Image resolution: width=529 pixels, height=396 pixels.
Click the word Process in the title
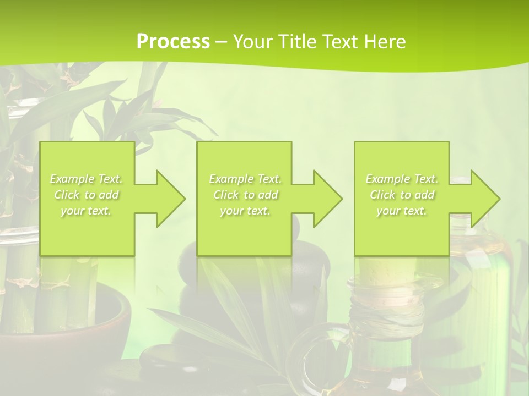[x=173, y=42]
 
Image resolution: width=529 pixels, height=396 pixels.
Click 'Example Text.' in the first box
[x=87, y=179]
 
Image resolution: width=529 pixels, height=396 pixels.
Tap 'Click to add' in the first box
[x=87, y=195]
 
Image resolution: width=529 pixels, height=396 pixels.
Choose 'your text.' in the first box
[x=87, y=211]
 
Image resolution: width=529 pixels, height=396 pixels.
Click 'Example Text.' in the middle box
[x=245, y=179]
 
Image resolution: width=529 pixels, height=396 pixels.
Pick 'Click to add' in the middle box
[x=245, y=195]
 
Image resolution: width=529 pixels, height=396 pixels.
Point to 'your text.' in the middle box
[x=245, y=211]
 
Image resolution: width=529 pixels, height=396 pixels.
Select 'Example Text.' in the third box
[x=402, y=179]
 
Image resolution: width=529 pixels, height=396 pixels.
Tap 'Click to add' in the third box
[x=402, y=195]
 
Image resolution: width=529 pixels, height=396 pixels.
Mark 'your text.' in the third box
[x=402, y=211]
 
